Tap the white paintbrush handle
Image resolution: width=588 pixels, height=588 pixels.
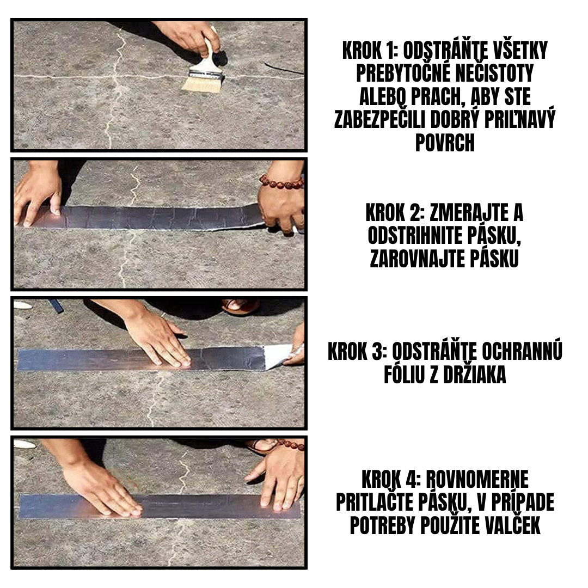click(209, 55)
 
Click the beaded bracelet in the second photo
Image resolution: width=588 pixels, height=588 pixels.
click(281, 182)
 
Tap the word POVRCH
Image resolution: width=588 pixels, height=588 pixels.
click(445, 143)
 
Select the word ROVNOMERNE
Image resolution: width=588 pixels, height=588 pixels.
click(476, 480)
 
